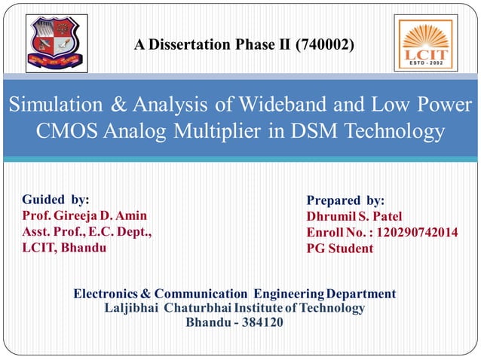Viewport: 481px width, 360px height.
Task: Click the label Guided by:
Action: pos(55,200)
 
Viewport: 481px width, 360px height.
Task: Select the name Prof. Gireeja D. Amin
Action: pos(84,216)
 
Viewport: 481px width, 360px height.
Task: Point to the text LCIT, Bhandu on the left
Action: pos(64,248)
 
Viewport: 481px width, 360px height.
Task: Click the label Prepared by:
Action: pos(345,200)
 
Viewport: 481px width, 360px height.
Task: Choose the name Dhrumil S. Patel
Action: pos(354,216)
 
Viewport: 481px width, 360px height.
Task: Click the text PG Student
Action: pos(339,249)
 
